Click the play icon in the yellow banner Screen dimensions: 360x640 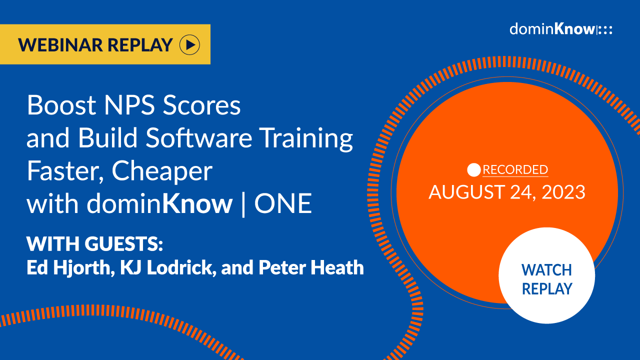click(x=189, y=45)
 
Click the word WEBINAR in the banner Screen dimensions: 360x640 click(x=60, y=45)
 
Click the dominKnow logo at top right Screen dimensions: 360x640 click(x=560, y=29)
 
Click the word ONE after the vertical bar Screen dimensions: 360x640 click(x=283, y=204)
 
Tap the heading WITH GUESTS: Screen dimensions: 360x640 click(x=95, y=244)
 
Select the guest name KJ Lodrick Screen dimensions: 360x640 click(x=161, y=268)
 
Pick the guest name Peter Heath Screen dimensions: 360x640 click(x=311, y=268)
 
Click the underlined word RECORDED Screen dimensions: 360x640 click(x=515, y=170)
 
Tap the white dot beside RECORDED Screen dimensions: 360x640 click(x=473, y=170)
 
